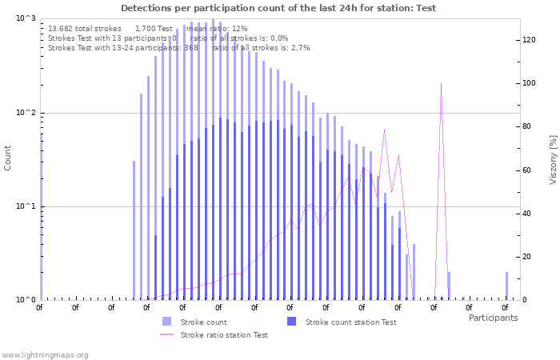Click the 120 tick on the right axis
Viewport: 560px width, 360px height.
click(x=530, y=40)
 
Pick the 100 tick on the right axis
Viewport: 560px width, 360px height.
click(x=530, y=83)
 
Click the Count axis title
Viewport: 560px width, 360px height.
click(x=8, y=158)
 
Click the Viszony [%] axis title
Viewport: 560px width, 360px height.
click(x=552, y=160)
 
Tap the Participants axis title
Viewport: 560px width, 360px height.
click(x=493, y=318)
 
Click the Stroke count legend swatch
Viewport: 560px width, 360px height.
click(x=166, y=322)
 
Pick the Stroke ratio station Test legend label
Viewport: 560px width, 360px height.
click(x=224, y=335)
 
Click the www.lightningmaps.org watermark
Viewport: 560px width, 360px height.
click(x=45, y=354)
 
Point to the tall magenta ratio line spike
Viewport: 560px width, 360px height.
click(x=441, y=85)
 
